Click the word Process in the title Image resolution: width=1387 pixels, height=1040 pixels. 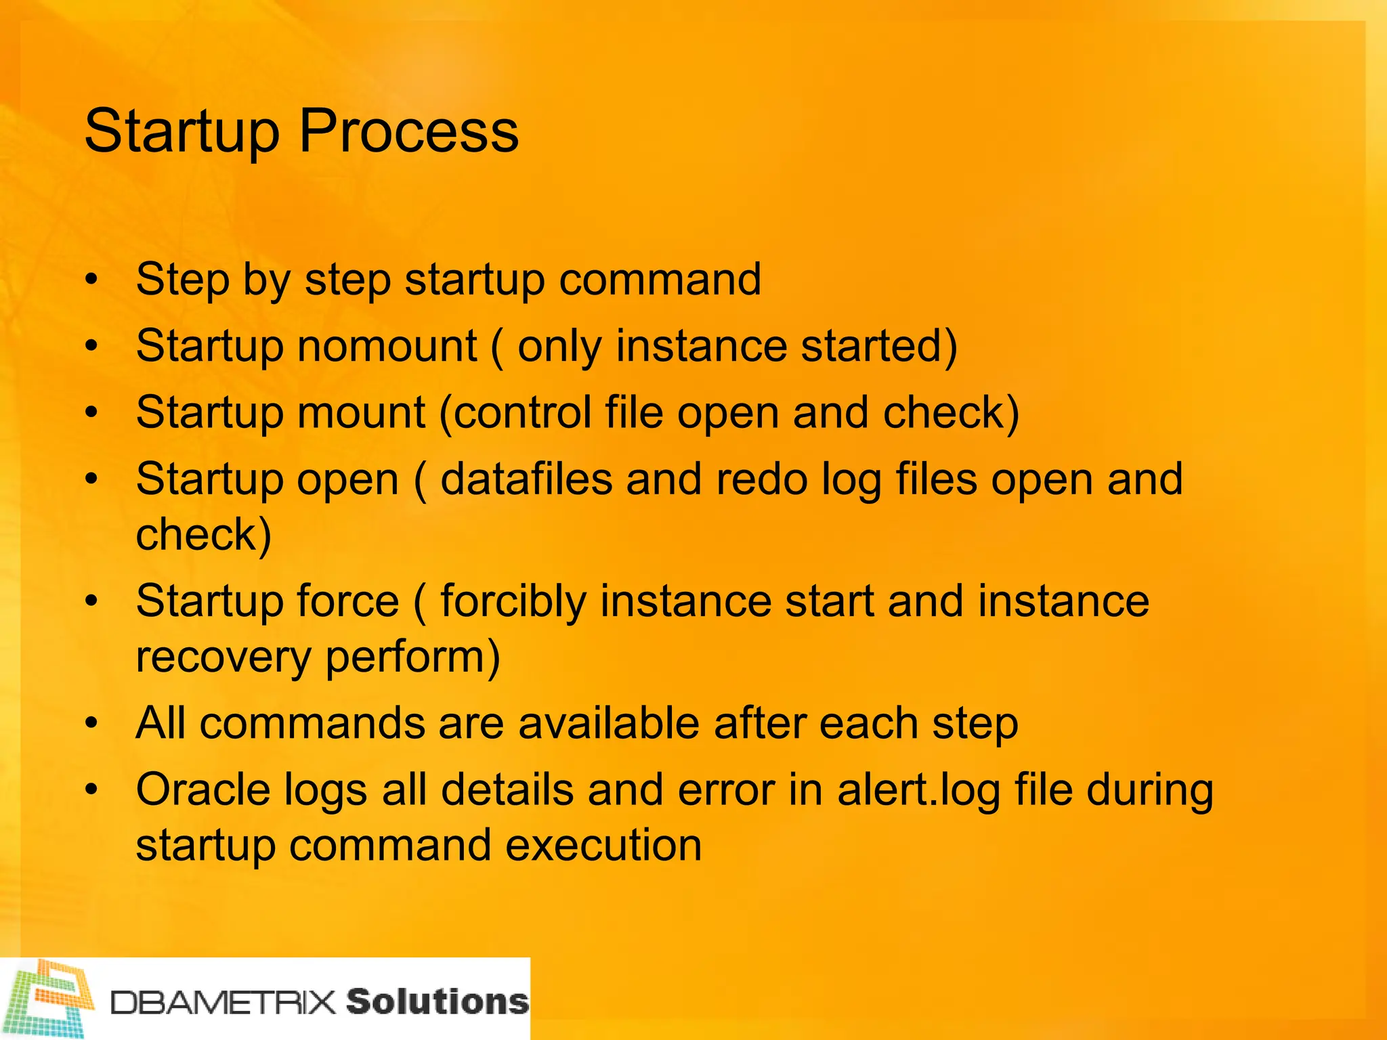408,132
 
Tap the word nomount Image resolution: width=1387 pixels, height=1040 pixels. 387,346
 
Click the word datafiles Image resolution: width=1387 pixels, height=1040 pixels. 526,479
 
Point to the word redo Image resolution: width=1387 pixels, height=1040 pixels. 761,479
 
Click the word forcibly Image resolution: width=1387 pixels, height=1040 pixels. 513,601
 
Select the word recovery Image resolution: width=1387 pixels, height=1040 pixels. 223,658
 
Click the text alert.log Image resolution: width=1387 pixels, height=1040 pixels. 918,790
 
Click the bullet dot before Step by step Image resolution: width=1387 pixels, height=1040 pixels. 92,280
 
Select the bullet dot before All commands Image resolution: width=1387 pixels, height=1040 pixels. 92,724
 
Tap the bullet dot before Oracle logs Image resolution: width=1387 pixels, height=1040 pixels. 92,790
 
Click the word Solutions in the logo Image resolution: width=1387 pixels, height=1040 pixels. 437,1001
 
